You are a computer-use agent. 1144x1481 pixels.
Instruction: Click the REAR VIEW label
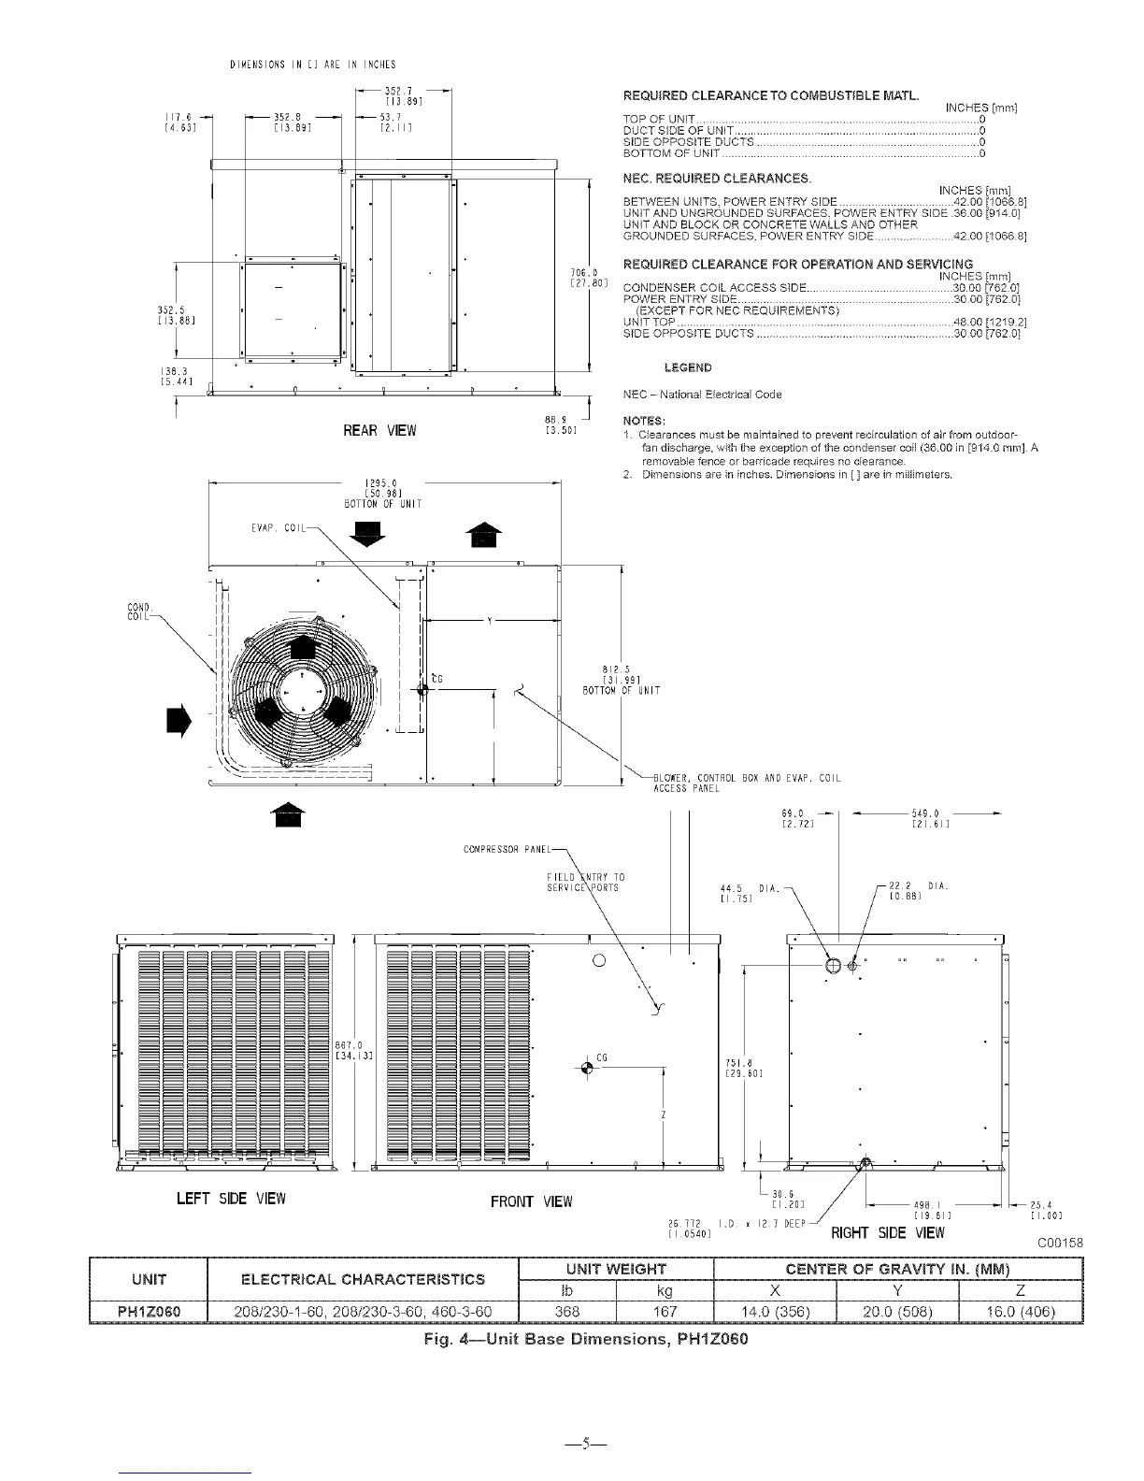click(379, 431)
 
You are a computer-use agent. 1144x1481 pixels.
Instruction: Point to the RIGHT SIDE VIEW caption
click(888, 1232)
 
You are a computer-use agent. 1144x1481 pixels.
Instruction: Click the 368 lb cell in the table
click(567, 1312)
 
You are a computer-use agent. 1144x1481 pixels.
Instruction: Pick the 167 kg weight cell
click(665, 1312)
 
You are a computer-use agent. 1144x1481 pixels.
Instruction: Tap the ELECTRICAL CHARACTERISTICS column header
click(363, 1279)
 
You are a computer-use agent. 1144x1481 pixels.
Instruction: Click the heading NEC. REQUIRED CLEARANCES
click(717, 178)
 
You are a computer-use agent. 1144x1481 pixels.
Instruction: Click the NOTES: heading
click(644, 420)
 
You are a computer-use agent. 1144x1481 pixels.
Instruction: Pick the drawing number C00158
click(1061, 1243)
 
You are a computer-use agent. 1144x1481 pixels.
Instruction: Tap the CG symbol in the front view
click(586, 1068)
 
